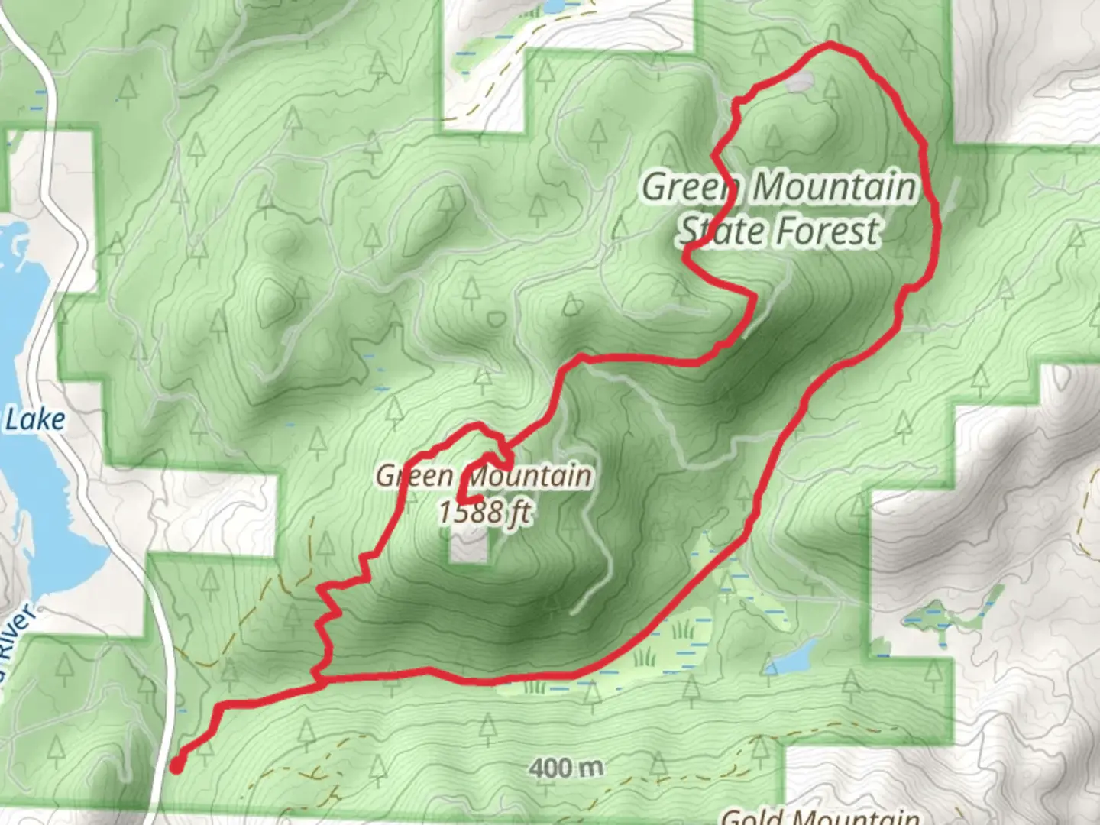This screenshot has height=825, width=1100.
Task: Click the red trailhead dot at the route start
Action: pos(176,765)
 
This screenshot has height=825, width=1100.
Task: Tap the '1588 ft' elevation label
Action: pos(484,512)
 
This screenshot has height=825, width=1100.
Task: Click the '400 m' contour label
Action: pos(566,768)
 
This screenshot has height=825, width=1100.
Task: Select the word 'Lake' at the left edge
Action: pos(34,419)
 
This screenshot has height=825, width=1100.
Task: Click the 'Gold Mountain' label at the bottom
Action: pos(820,816)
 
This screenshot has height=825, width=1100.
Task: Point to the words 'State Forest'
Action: pos(779,231)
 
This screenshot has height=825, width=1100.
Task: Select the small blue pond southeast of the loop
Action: pos(794,655)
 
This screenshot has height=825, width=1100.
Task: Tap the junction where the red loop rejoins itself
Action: pos(317,675)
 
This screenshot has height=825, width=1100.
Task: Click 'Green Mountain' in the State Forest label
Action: pos(779,187)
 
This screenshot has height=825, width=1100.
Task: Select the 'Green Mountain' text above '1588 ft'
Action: pos(484,477)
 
